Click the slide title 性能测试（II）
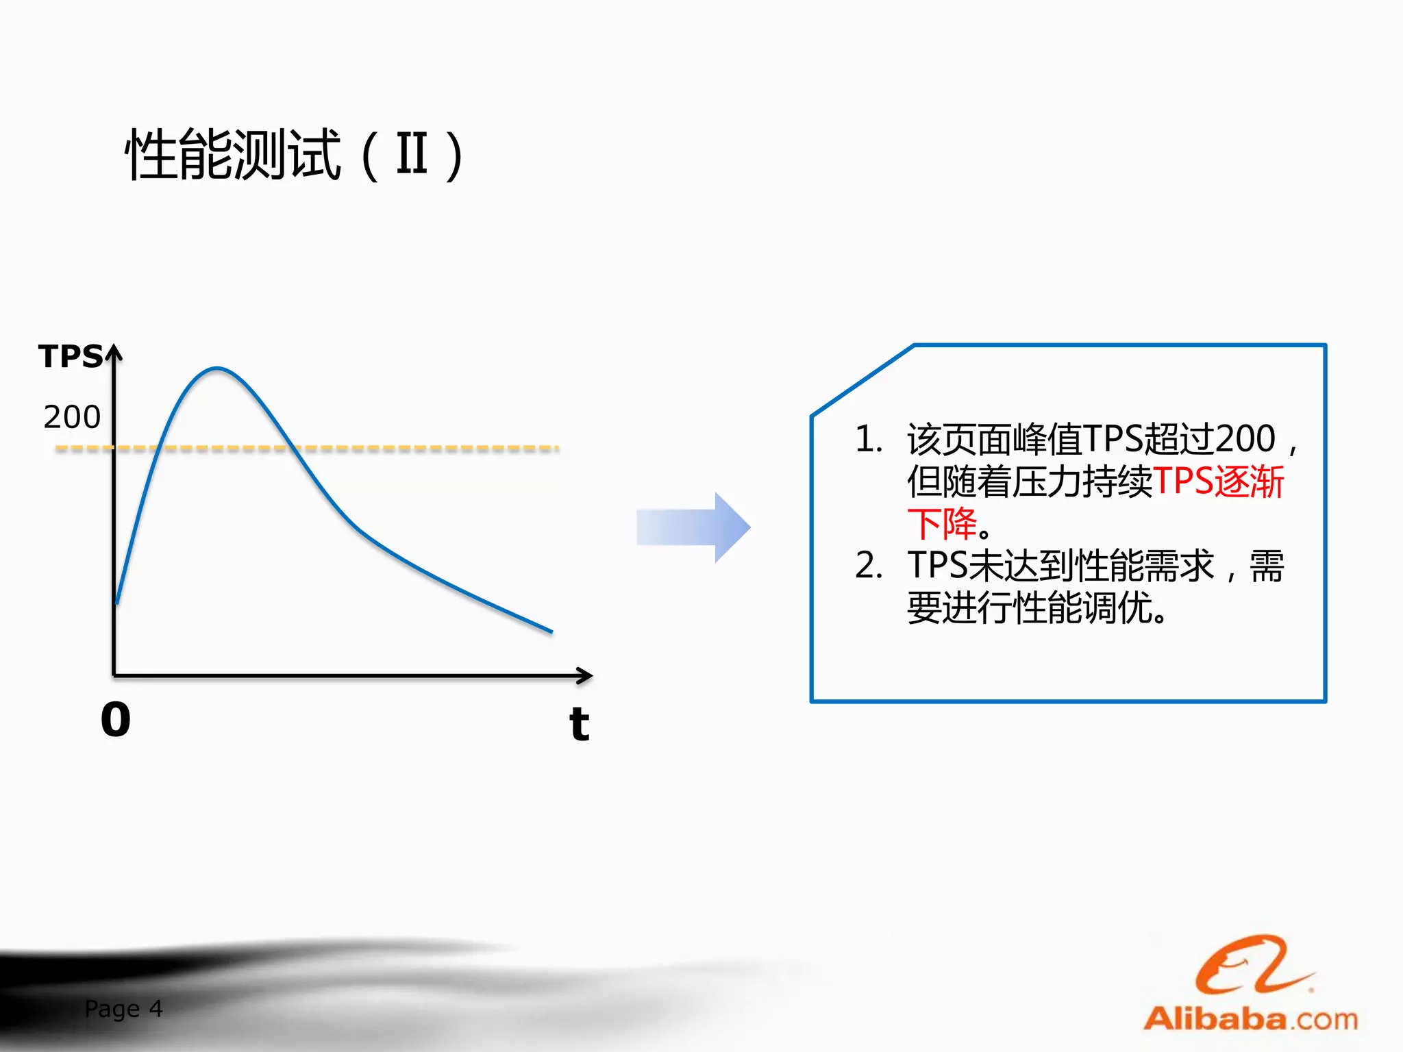click(295, 155)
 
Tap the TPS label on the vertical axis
click(71, 357)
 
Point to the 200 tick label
click(72, 416)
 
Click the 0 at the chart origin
click(115, 720)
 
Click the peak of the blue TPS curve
click(216, 368)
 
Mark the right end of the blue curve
click(551, 631)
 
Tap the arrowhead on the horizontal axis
click(585, 676)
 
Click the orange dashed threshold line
click(411, 449)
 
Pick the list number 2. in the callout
click(869, 566)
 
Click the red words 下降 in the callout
click(942, 524)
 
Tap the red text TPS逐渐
click(1218, 481)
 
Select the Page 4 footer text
click(123, 1008)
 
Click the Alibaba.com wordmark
click(1251, 1019)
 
